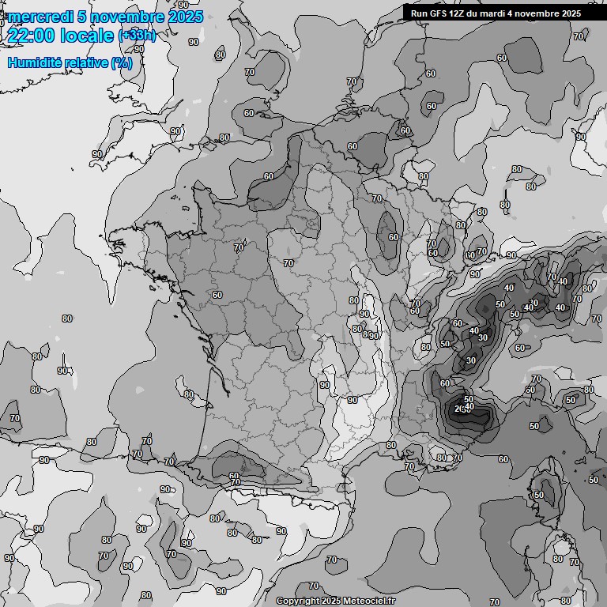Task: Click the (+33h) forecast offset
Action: click(137, 36)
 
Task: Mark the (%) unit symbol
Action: click(121, 62)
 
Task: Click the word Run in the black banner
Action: click(419, 13)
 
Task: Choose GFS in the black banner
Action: click(439, 13)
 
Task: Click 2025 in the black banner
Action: click(570, 13)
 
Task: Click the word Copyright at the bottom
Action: click(298, 601)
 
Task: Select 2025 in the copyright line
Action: click(332, 601)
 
